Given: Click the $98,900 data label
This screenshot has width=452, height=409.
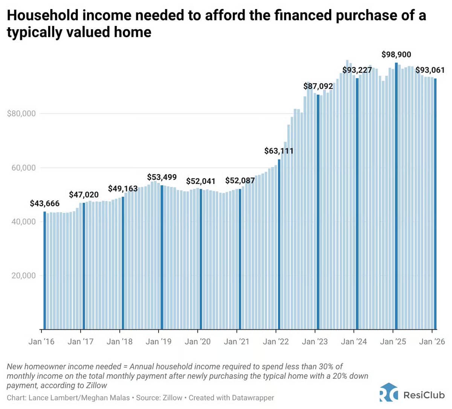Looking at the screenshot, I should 396,55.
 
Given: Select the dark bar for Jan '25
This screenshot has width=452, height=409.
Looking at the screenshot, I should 396,196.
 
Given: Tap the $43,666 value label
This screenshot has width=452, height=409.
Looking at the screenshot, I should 44,204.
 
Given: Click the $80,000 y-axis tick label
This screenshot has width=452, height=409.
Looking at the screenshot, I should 21,114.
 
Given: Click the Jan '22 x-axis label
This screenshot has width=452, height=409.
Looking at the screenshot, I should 276,342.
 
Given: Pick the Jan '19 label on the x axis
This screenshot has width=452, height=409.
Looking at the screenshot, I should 159,342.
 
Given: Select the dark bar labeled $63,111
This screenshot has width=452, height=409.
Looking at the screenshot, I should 279,245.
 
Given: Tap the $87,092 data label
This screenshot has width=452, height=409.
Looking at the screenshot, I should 318,86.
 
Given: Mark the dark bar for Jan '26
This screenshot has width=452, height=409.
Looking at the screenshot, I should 435,204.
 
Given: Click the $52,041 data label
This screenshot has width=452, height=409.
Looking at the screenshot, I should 201,181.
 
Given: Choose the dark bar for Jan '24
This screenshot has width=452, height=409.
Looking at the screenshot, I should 357,204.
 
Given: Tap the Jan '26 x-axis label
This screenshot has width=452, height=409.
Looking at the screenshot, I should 432,342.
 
